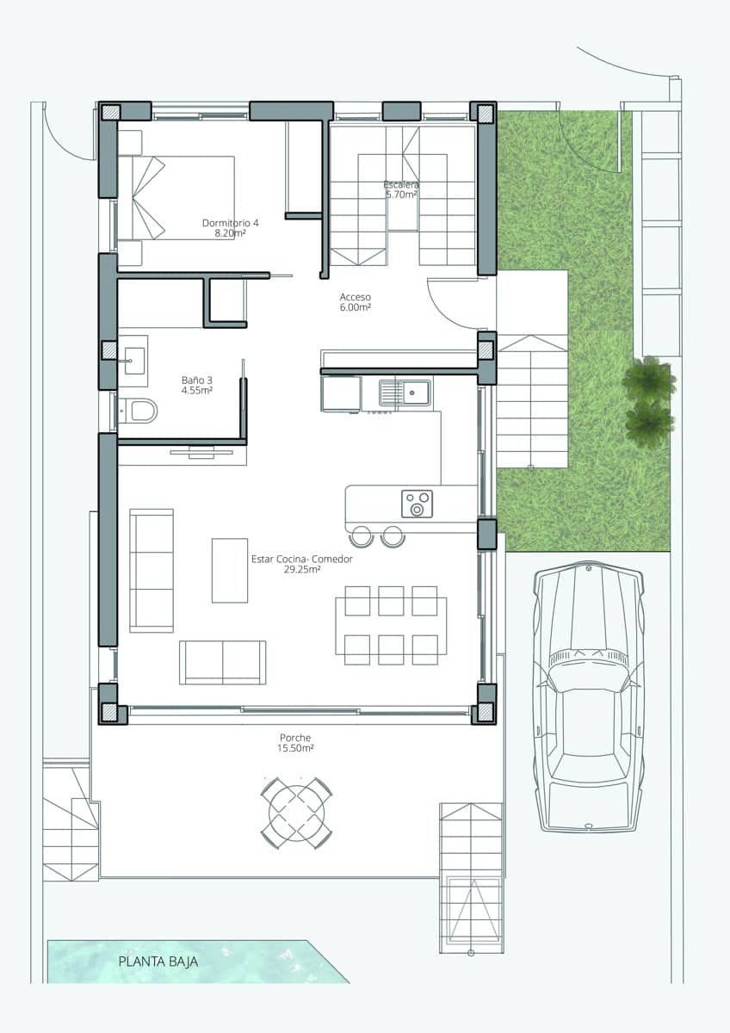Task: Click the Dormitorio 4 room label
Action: coord(230,227)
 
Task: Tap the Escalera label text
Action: coord(401,189)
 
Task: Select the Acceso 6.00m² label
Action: coord(355,301)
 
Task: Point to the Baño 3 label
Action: coord(196,384)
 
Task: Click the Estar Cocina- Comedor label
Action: coord(301,564)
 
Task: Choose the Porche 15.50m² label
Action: coord(295,743)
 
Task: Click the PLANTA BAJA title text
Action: coord(158,962)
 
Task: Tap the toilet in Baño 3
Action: coord(139,411)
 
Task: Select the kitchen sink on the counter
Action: coord(406,393)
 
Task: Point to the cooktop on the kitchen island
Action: coord(417,504)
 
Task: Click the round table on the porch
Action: coord(297,812)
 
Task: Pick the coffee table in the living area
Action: coord(230,570)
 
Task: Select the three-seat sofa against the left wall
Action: coord(152,570)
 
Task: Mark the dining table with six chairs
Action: coord(391,625)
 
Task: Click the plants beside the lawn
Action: coord(649,400)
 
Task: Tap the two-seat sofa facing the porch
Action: coord(222,662)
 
